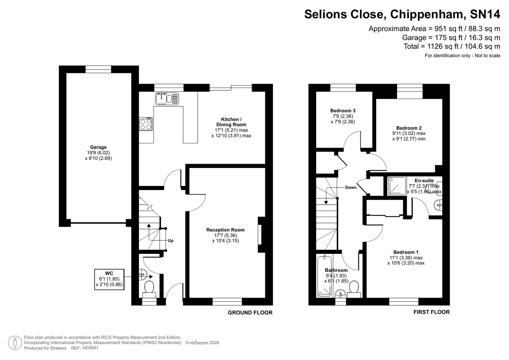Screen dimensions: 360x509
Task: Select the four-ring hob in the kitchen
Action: [146, 124]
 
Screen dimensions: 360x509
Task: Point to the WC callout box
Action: [109, 279]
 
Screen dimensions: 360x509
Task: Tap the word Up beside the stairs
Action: [170, 240]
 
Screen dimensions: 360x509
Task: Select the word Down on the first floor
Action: [351, 187]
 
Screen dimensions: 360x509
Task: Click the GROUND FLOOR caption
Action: [250, 313]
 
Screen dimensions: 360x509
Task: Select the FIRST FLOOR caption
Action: [431, 312]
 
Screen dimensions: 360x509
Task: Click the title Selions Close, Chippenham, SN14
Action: [402, 14]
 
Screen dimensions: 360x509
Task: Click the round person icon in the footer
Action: [15, 343]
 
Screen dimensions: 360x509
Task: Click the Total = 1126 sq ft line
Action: [452, 46]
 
